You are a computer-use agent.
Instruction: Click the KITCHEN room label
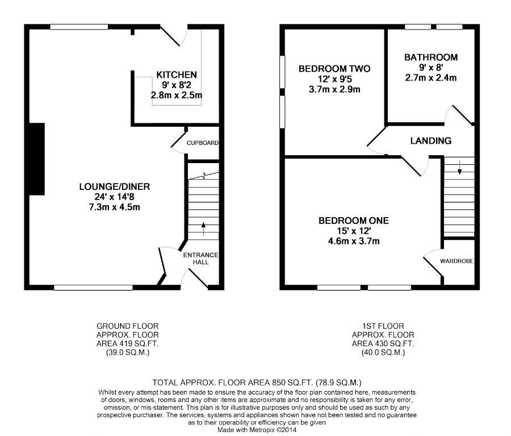point(177,74)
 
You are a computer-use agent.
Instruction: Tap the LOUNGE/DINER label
point(115,186)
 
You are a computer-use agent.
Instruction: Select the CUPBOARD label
point(202,143)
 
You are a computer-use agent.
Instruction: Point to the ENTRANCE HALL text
point(200,259)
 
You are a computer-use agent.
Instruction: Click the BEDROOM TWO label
point(334,69)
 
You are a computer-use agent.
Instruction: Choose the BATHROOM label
point(431,57)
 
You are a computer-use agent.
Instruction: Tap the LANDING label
point(431,140)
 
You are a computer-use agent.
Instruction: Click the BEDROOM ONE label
point(354,221)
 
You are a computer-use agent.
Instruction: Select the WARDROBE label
point(456,261)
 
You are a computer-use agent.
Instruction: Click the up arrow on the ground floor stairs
point(204,229)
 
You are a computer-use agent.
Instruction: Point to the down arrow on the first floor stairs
point(459,168)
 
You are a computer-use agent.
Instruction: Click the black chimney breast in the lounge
point(37,159)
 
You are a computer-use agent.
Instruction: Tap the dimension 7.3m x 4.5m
point(114,207)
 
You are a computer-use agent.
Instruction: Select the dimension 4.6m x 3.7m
point(354,242)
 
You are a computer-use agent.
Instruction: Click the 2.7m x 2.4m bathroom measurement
point(431,78)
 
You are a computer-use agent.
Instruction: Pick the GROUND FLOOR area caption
point(127,339)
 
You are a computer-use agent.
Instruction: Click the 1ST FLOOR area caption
point(383,339)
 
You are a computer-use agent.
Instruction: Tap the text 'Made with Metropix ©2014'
point(257,430)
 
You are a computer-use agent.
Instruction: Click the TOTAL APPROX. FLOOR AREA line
point(257,383)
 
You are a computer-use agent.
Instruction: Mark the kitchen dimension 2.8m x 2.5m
point(177,95)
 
